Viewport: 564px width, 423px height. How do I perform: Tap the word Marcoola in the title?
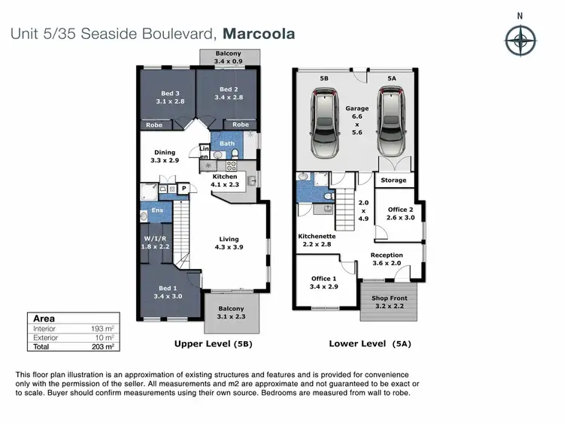258,34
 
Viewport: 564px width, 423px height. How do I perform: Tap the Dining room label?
164,156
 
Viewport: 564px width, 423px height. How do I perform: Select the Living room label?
229,242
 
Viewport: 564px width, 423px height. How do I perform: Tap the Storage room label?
393,180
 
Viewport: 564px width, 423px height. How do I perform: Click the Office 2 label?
401,214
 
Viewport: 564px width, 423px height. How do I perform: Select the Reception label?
387,259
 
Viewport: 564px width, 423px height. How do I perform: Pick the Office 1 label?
325,283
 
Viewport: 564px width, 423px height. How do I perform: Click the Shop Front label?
390,302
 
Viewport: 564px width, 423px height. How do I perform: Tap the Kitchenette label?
316,240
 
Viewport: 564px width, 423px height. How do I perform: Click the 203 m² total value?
104,346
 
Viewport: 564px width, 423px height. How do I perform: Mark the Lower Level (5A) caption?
371,344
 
